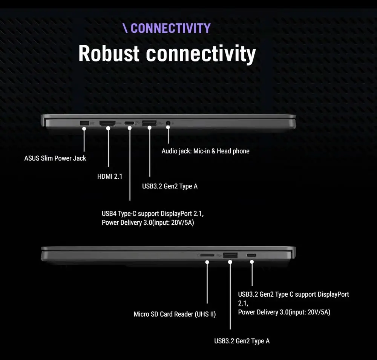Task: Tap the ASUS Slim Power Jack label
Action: (x=55, y=158)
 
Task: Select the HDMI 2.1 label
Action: (x=110, y=176)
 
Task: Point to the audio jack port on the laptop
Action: (x=168, y=123)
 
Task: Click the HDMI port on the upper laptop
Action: (x=107, y=123)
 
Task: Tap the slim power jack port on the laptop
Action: (x=84, y=123)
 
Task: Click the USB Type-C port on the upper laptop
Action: (x=129, y=123)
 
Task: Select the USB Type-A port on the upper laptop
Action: (x=150, y=123)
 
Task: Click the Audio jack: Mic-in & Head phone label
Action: (x=205, y=151)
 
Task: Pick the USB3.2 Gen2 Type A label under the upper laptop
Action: (x=170, y=186)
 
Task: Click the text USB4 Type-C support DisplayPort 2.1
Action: (x=153, y=214)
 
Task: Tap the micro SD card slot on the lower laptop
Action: (x=207, y=255)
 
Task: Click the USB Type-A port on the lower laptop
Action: (x=230, y=256)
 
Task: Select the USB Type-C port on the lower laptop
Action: (x=251, y=255)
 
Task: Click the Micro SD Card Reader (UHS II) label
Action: (x=175, y=314)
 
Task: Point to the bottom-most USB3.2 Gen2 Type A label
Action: (x=242, y=341)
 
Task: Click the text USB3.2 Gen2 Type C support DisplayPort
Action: (x=293, y=294)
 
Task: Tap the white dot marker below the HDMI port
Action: (x=108, y=129)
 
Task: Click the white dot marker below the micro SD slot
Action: (x=207, y=262)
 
